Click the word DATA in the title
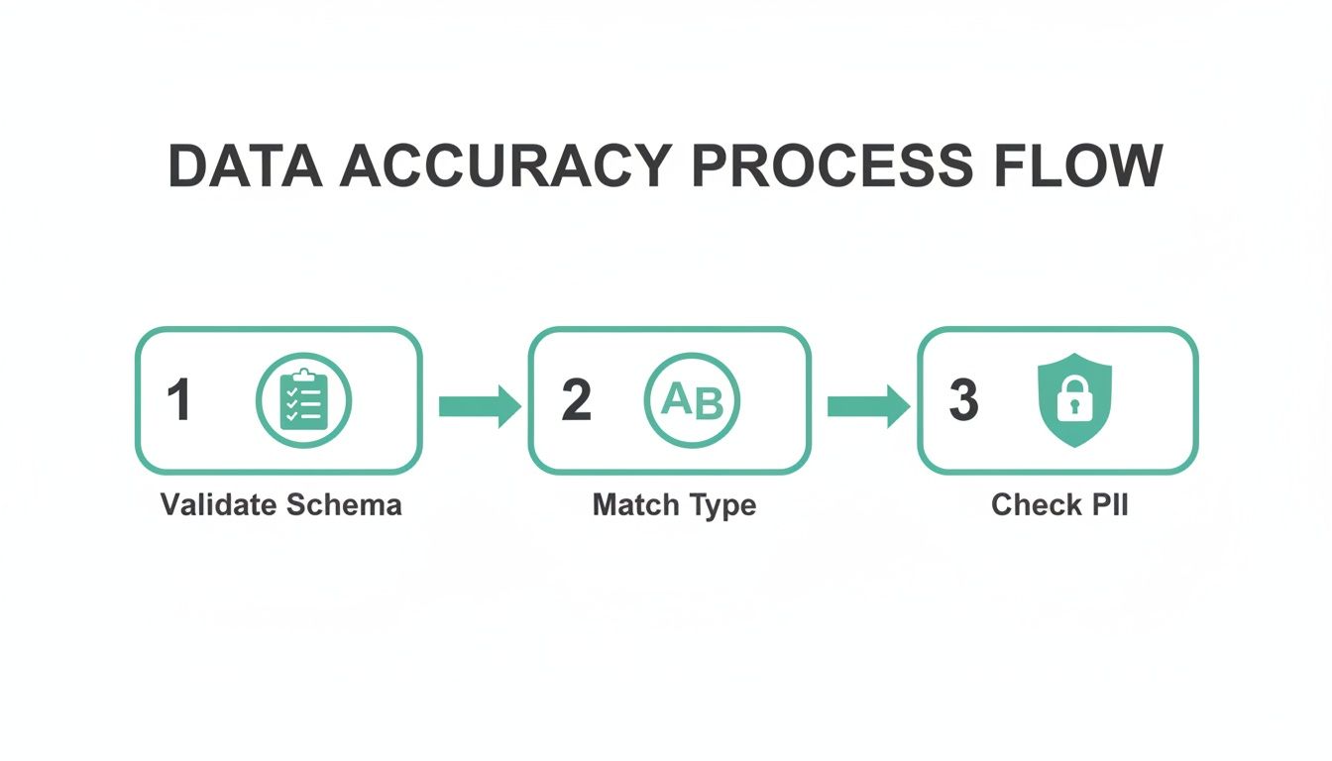pos(246,165)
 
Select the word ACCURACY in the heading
pos(504,165)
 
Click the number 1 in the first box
pos(178,401)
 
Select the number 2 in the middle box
pos(576,401)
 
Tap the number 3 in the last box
pos(963,401)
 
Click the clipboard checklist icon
pos(303,400)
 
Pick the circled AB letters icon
pos(692,400)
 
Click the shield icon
pos(1073,400)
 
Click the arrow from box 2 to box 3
pos(868,405)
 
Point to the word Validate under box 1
pos(217,504)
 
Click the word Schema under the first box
pos(343,504)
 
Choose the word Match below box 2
pos(632,504)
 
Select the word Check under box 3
pos(1035,504)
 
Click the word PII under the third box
pos(1108,504)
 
